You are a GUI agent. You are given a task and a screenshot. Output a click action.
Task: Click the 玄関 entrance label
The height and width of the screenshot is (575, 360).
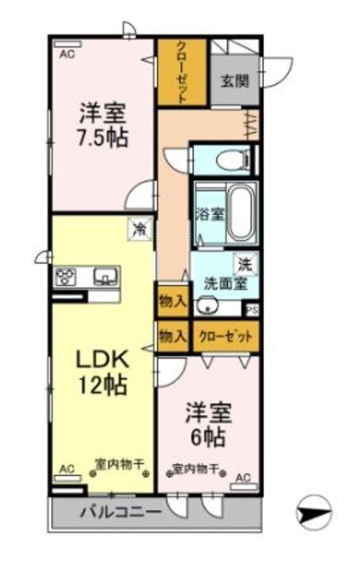(x=236, y=81)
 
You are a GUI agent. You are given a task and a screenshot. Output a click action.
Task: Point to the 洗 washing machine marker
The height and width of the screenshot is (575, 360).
(x=243, y=264)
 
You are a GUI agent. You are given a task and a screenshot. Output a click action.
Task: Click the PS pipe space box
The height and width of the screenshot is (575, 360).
(x=253, y=312)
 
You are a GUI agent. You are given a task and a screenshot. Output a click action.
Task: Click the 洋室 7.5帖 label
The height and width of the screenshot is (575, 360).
(x=101, y=126)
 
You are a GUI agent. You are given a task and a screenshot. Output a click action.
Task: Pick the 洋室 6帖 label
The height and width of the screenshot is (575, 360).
(x=208, y=427)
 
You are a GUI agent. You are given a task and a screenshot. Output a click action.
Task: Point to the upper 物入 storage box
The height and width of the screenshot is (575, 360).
(x=171, y=301)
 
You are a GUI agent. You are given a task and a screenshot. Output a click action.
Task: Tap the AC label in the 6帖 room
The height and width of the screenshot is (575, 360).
(x=243, y=478)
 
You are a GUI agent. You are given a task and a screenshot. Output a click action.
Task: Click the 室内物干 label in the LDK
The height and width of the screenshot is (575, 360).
(x=113, y=467)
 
